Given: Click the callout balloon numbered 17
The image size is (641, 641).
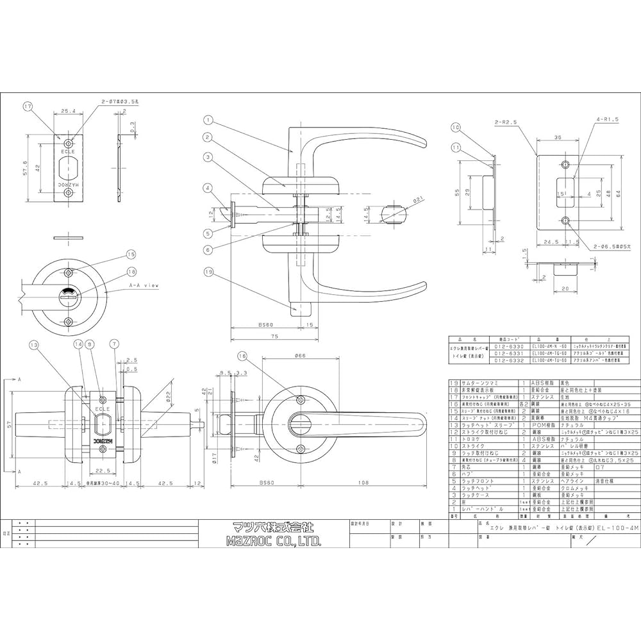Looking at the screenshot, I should (x=28, y=106).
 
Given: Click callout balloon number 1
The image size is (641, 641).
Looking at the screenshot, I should (x=208, y=120).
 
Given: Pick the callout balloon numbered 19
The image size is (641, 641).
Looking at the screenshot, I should (x=208, y=272).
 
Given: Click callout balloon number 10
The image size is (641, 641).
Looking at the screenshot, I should (x=456, y=128).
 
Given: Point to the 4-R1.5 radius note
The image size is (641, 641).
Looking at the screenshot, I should (x=591, y=120).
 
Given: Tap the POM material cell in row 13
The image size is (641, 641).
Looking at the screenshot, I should (x=542, y=424).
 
